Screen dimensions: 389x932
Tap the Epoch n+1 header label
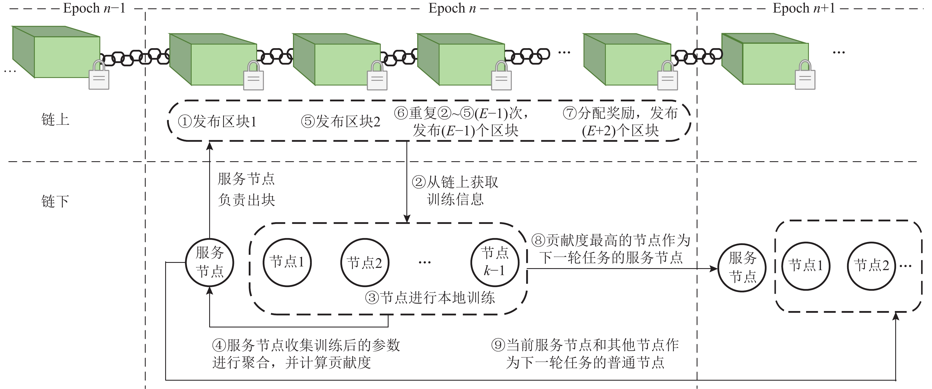point(804,8)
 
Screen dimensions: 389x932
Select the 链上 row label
point(55,119)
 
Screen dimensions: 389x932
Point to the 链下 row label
point(55,201)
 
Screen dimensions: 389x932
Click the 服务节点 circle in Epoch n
point(209,262)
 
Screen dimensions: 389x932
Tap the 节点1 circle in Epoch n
point(287,262)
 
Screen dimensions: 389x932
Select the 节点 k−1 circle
point(495,262)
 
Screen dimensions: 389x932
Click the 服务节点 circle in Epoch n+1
point(742,268)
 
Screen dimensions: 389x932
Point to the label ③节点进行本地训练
point(430,298)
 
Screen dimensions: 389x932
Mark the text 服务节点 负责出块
point(247,189)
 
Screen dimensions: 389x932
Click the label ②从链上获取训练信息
point(455,190)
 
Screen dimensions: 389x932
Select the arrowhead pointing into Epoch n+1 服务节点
point(714,269)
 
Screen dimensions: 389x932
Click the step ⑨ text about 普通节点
point(585,354)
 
